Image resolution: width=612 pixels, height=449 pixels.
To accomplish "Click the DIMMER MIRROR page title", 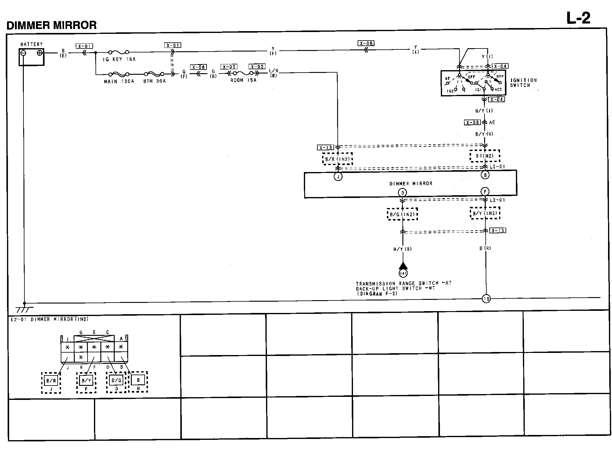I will (x=52, y=25).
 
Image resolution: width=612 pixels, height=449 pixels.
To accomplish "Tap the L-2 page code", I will (x=578, y=18).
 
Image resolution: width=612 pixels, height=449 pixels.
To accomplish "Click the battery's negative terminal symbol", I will (x=23, y=53).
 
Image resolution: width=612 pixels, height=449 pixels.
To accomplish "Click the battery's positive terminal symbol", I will (x=39, y=53).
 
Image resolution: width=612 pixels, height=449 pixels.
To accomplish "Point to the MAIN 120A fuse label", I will (x=119, y=81).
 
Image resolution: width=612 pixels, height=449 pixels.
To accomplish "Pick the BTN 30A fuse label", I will (x=154, y=81).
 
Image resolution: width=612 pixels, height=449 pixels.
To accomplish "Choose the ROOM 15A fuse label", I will (x=243, y=80).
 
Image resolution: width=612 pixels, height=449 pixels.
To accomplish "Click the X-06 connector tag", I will (x=366, y=43).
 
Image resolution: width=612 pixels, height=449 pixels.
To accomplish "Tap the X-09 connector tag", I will (x=472, y=123).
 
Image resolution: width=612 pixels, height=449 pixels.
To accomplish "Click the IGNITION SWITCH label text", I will (x=523, y=83).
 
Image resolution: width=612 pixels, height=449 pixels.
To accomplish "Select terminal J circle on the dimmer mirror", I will (x=338, y=176).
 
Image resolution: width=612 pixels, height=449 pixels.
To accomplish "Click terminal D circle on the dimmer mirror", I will (x=402, y=193).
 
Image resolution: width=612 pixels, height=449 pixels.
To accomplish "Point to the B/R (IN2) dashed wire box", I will (x=337, y=159).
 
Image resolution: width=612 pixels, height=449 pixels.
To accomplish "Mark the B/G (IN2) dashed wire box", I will (x=402, y=214).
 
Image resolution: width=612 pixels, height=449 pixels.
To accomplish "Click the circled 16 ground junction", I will (x=486, y=299).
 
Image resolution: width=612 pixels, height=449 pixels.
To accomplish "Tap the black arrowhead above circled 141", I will (x=403, y=265).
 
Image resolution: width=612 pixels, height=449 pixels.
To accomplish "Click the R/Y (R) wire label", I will (x=402, y=249).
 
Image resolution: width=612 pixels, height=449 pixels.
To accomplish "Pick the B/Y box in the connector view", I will (x=86, y=380).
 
